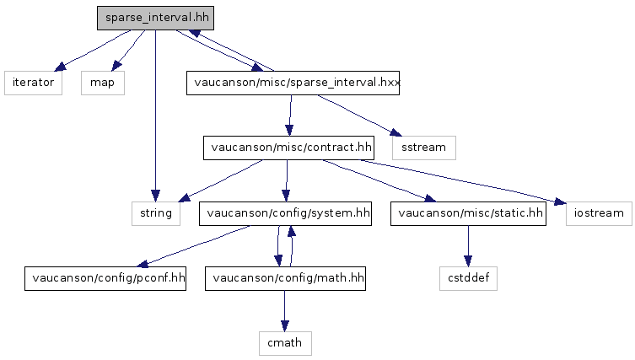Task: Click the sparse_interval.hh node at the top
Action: (145, 18)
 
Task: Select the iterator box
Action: (33, 83)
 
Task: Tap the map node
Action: (103, 83)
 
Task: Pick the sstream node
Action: (423, 148)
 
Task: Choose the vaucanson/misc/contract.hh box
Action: (288, 148)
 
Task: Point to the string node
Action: (156, 212)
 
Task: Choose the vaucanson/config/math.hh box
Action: (285, 277)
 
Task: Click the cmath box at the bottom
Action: (285, 342)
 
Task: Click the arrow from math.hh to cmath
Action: (285, 310)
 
